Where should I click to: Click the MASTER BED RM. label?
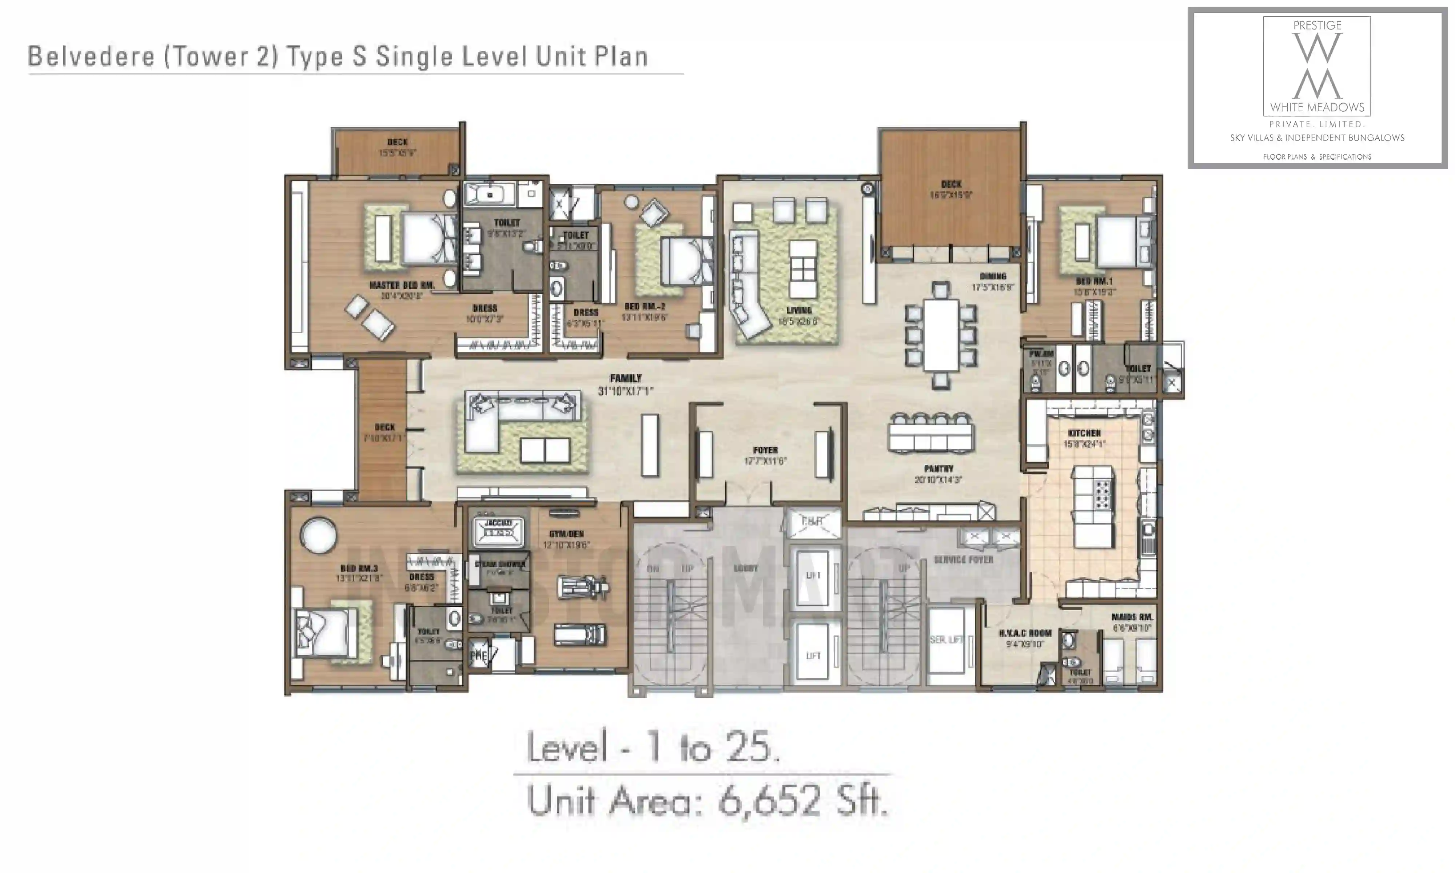(x=402, y=285)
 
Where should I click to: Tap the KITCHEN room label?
(x=1084, y=433)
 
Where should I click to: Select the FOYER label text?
(x=765, y=450)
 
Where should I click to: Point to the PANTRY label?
(x=938, y=469)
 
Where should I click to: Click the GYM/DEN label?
(x=566, y=534)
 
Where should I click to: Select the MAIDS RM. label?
(x=1132, y=617)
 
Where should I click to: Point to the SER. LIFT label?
(x=946, y=639)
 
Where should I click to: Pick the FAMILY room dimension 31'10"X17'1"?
(x=625, y=391)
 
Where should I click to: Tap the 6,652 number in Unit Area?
(x=768, y=801)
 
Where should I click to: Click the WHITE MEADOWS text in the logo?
(x=1317, y=107)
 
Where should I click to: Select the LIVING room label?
(x=799, y=310)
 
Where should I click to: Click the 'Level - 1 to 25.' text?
(x=653, y=748)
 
